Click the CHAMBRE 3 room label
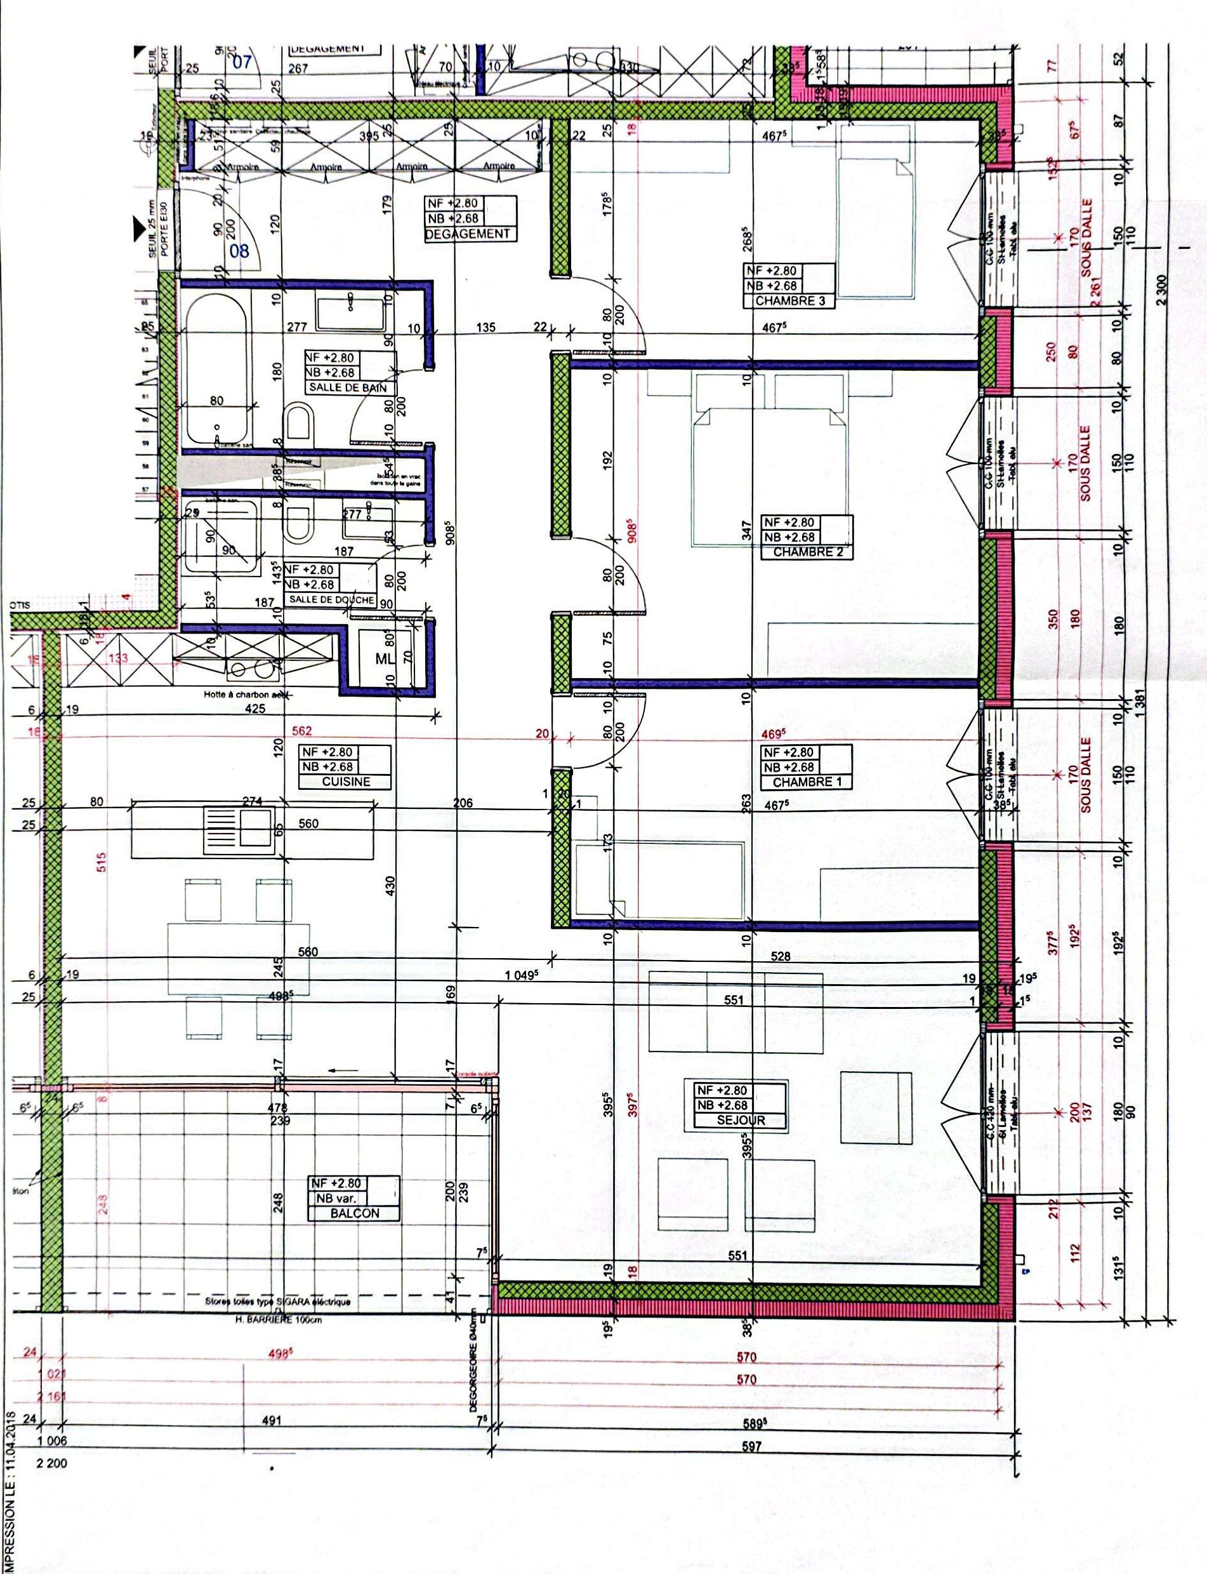(x=789, y=301)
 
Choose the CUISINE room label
(x=346, y=781)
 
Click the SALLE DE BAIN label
(x=348, y=387)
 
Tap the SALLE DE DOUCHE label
(x=331, y=600)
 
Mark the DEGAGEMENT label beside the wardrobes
(x=467, y=234)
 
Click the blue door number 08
(x=239, y=251)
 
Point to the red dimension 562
(x=302, y=730)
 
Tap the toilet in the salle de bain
(x=298, y=424)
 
